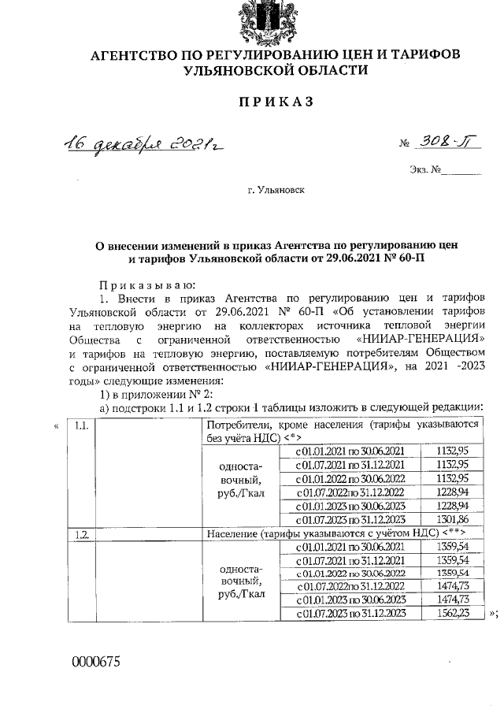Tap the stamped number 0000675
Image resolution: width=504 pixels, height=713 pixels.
tap(95, 662)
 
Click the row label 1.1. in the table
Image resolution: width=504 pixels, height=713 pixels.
tap(80, 425)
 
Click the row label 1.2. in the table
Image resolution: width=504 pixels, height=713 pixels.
tap(80, 534)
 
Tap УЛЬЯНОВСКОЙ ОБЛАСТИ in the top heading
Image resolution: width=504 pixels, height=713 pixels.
tap(275, 70)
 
